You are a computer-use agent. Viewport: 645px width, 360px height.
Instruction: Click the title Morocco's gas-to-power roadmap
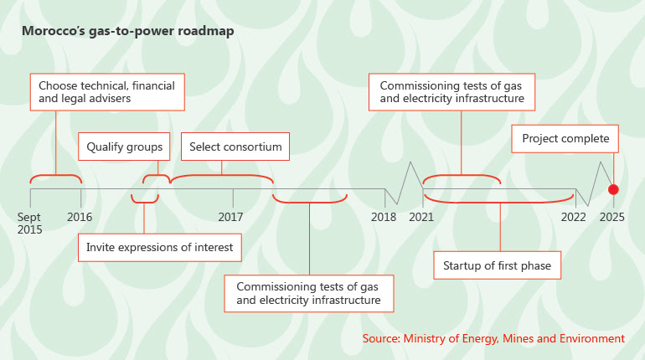coord(128,31)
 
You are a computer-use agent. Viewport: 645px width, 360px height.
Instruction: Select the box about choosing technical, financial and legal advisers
coord(107,92)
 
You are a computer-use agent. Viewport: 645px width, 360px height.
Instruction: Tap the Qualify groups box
coord(124,147)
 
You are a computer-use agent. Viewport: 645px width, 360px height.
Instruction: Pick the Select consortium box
coord(235,147)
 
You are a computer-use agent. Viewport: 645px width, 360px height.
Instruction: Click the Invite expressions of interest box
coord(160,248)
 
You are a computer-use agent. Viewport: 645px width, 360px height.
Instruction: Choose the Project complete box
coord(565,139)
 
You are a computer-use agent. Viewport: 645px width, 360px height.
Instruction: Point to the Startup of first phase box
coord(497,265)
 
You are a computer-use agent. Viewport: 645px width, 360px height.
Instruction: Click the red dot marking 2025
coord(613,189)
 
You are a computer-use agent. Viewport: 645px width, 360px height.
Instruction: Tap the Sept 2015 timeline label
coord(29,224)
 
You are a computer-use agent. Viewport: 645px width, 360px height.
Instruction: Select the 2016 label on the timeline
coord(80,217)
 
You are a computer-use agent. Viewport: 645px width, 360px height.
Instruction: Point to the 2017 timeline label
coord(230,217)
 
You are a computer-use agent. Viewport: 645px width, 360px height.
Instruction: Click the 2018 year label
coord(384,217)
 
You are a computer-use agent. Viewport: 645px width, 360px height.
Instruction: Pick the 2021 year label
coord(421,217)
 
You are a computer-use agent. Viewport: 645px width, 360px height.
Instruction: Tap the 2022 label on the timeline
coord(574,217)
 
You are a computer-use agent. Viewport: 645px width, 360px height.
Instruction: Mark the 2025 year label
coord(612,217)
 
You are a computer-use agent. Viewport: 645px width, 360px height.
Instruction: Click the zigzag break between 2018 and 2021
coord(404,183)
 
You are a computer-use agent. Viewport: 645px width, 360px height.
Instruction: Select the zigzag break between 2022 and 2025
coord(595,183)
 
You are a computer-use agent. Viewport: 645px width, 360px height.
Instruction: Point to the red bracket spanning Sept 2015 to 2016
coord(55,176)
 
